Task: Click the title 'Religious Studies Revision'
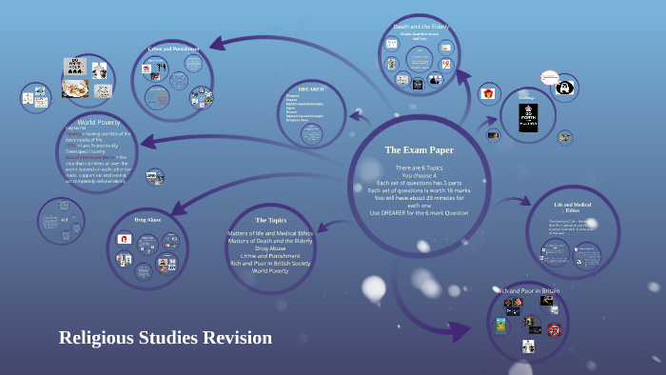coord(165,338)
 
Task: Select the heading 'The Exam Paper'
coord(419,149)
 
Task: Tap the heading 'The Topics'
coord(270,220)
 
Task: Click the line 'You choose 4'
coord(419,175)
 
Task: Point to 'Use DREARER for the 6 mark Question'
coord(419,213)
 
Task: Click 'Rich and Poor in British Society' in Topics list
coord(270,263)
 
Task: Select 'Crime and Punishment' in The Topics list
coord(270,255)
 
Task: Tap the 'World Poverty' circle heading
coord(98,123)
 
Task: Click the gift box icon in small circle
coord(487,93)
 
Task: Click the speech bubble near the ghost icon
coord(548,77)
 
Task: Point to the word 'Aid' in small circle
coord(63,219)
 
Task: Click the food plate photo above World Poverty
coord(75,86)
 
